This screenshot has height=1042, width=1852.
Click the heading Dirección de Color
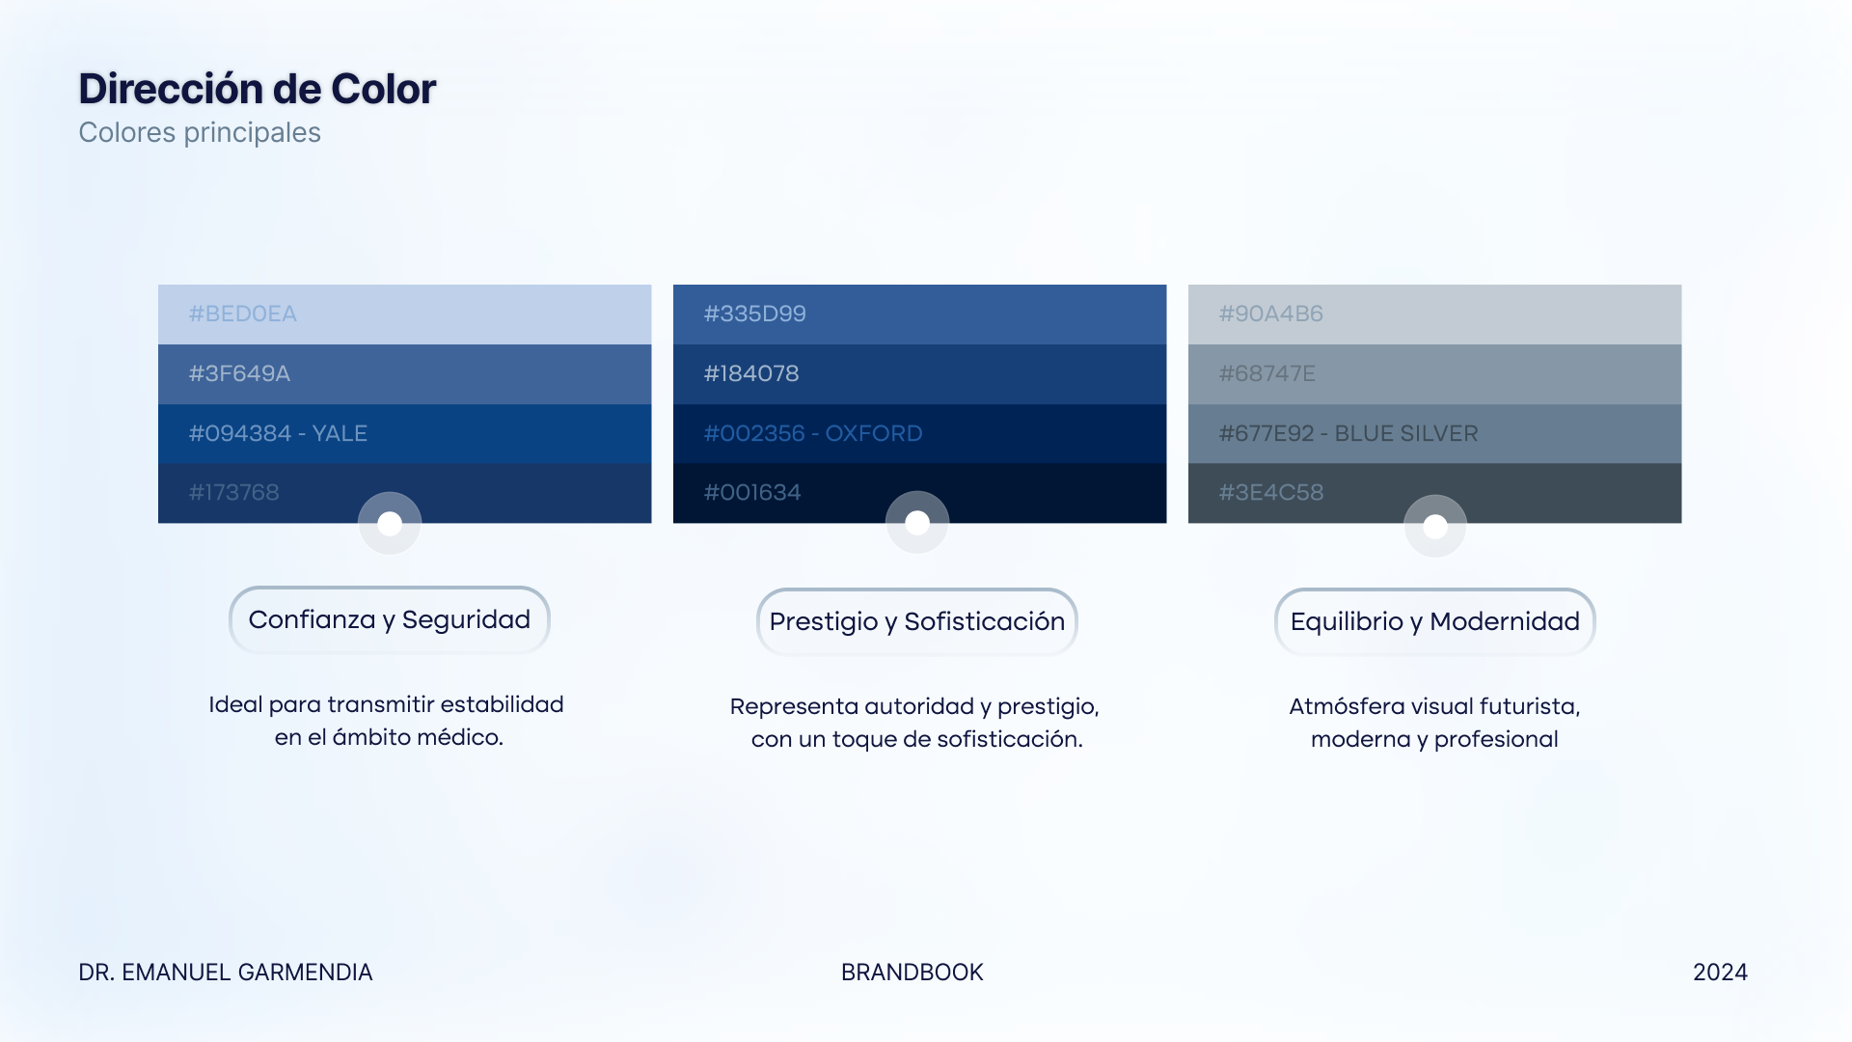point(258,89)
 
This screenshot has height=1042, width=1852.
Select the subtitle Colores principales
point(200,133)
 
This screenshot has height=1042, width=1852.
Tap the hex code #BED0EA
point(243,314)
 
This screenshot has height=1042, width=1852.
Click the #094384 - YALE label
point(278,433)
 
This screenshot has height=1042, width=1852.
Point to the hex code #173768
point(234,492)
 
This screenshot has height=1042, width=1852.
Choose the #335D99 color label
point(755,314)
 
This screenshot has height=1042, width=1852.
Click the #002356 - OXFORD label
point(813,433)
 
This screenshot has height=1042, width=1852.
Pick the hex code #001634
point(752,492)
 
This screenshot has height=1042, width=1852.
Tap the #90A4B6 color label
point(1271,314)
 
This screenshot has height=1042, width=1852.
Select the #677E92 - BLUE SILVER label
point(1348,433)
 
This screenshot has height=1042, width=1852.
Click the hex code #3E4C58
point(1271,492)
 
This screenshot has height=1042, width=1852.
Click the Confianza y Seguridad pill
point(390,619)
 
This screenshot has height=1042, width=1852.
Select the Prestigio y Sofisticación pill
point(917,621)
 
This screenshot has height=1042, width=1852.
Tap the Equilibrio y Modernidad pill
point(1435,621)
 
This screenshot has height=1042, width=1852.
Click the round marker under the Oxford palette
point(917,522)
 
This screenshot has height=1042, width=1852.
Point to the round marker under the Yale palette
point(390,523)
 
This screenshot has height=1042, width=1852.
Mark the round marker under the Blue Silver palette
point(1435,526)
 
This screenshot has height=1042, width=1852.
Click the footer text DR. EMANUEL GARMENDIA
point(226,973)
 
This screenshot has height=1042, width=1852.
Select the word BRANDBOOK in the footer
point(912,973)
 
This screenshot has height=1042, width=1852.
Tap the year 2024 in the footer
point(1721,973)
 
